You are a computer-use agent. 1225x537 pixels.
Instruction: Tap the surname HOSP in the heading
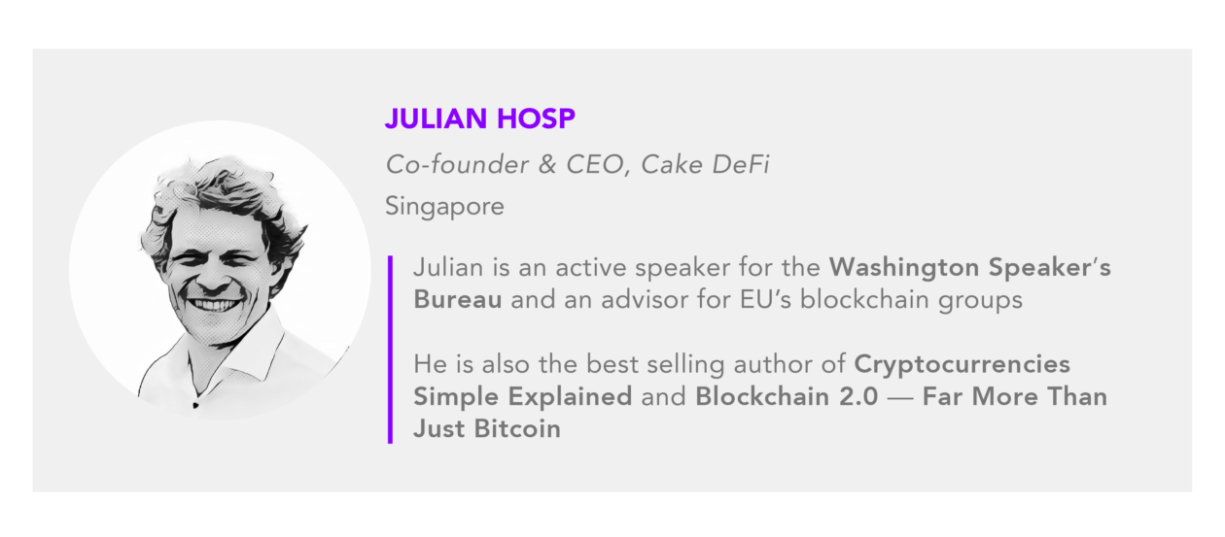coord(536,118)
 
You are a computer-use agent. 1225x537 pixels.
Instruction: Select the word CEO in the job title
coord(597,165)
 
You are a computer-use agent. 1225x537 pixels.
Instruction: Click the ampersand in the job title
coord(546,165)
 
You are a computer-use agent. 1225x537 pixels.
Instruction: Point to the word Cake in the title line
coord(671,164)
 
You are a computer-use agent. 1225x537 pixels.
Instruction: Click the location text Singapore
coord(444,207)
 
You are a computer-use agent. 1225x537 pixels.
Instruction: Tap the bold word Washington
coord(903,268)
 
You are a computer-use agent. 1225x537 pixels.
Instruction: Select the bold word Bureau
coord(457,299)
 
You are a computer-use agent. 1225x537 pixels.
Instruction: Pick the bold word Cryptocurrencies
coord(962,364)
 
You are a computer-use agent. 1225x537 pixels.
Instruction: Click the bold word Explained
coord(570,396)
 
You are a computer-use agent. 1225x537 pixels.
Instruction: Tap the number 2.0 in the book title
coord(858,396)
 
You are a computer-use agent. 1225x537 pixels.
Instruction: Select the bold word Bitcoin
coord(517,429)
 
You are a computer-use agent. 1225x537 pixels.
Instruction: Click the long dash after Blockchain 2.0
coord(899,398)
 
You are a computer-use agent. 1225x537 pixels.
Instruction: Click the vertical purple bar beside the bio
coord(390,350)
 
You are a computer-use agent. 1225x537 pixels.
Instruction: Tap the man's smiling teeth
coord(214,304)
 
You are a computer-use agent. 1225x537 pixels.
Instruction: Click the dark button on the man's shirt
coord(195,405)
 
